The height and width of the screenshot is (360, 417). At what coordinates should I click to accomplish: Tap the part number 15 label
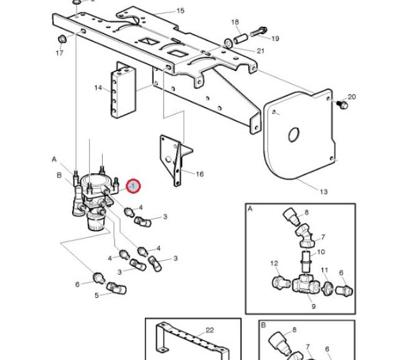pyautogui.click(x=180, y=11)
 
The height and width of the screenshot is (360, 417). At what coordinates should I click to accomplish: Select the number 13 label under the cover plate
pyautogui.click(x=323, y=192)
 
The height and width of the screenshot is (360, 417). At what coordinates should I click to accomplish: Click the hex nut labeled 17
pyautogui.click(x=62, y=40)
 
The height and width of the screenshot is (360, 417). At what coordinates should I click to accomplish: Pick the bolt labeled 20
pyautogui.click(x=340, y=106)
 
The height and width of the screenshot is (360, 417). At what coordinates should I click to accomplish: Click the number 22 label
pyautogui.click(x=209, y=329)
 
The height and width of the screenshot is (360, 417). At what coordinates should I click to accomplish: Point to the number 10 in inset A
pyautogui.click(x=321, y=252)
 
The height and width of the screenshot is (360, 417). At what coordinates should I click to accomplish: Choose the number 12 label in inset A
pyautogui.click(x=274, y=263)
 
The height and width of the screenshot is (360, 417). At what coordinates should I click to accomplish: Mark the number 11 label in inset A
pyautogui.click(x=324, y=270)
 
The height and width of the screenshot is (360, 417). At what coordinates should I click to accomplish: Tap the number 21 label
pyautogui.click(x=260, y=50)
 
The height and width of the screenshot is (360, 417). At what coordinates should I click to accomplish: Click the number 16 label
pyautogui.click(x=199, y=174)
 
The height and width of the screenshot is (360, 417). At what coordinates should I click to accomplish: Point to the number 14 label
pyautogui.click(x=98, y=88)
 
